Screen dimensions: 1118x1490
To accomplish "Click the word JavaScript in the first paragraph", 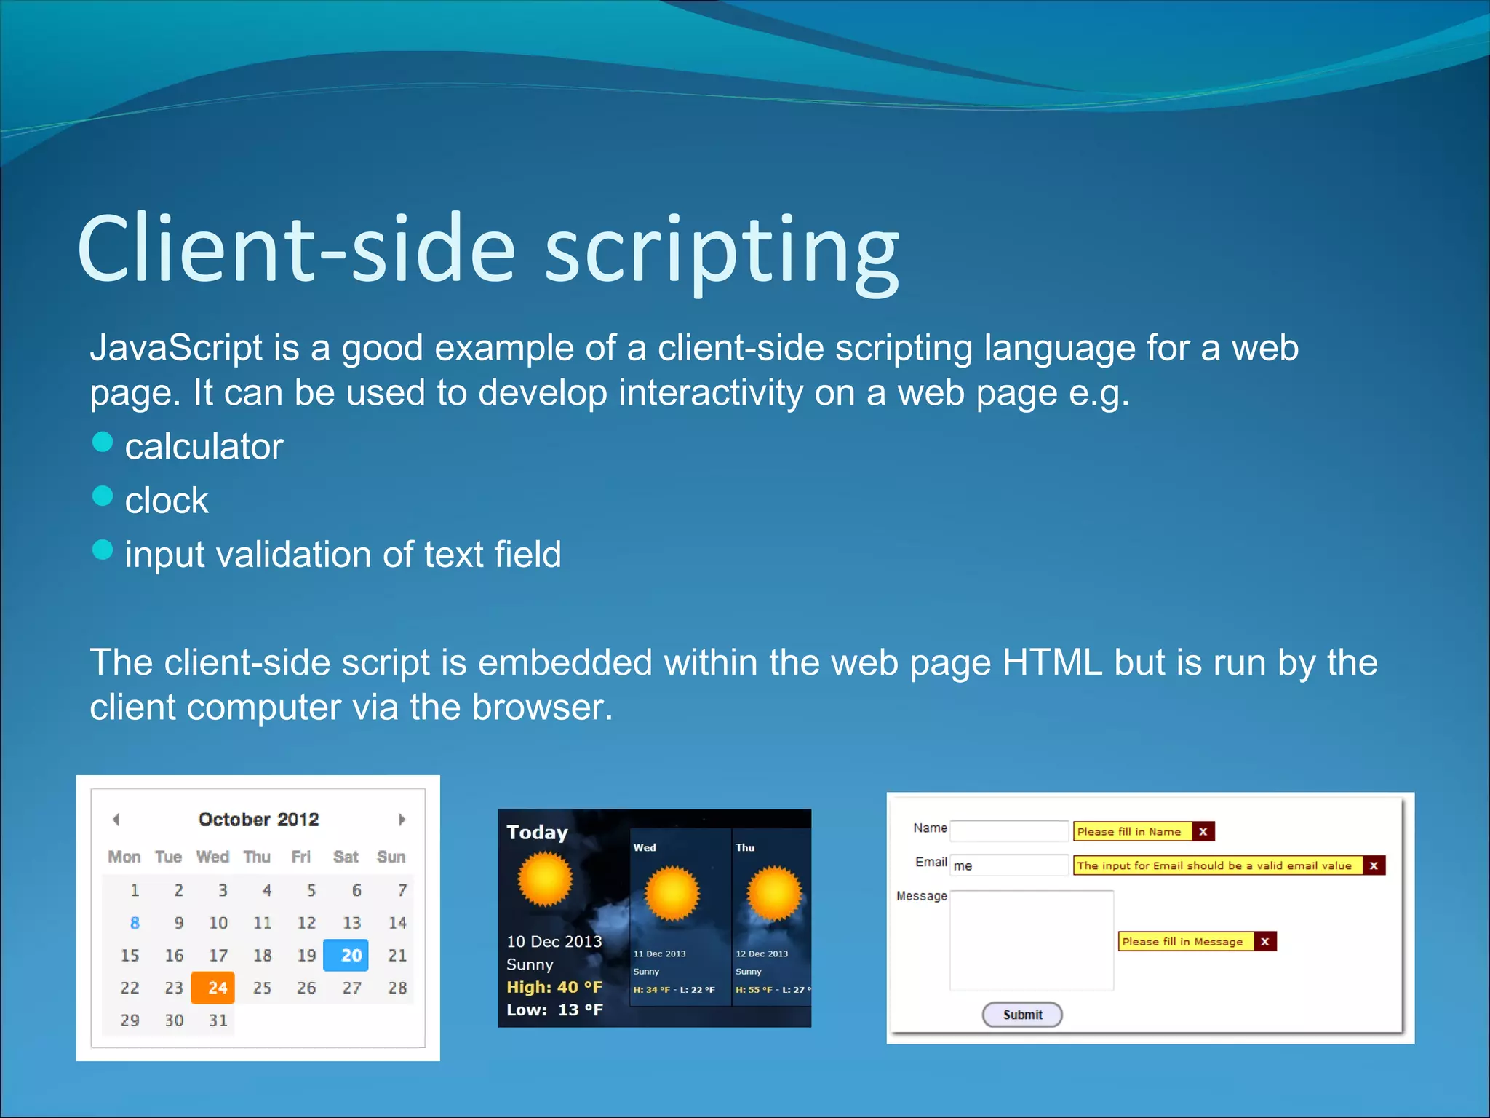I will (175, 349).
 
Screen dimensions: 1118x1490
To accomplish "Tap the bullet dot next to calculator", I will (103, 442).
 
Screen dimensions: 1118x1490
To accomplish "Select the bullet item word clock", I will (167, 501).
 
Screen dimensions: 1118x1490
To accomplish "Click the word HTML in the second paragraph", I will (1052, 663).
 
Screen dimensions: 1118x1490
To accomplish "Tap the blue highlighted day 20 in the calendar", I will (346, 955).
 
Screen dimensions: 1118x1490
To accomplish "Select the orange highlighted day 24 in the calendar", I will (213, 988).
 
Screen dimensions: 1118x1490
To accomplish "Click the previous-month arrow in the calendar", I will (116, 820).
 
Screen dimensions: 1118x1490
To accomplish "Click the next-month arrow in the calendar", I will (401, 820).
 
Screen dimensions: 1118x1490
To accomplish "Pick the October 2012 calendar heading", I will (258, 820).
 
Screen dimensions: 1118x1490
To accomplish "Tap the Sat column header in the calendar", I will (346, 857).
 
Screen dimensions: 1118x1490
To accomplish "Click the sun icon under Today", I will (545, 879).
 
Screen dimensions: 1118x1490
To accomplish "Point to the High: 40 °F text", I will (554, 987).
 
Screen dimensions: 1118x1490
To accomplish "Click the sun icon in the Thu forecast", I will (774, 893).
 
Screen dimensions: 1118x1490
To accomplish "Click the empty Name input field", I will (1009, 830).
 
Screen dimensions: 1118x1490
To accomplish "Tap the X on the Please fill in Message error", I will (1265, 942).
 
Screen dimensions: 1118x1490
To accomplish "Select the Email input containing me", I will (1009, 865).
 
